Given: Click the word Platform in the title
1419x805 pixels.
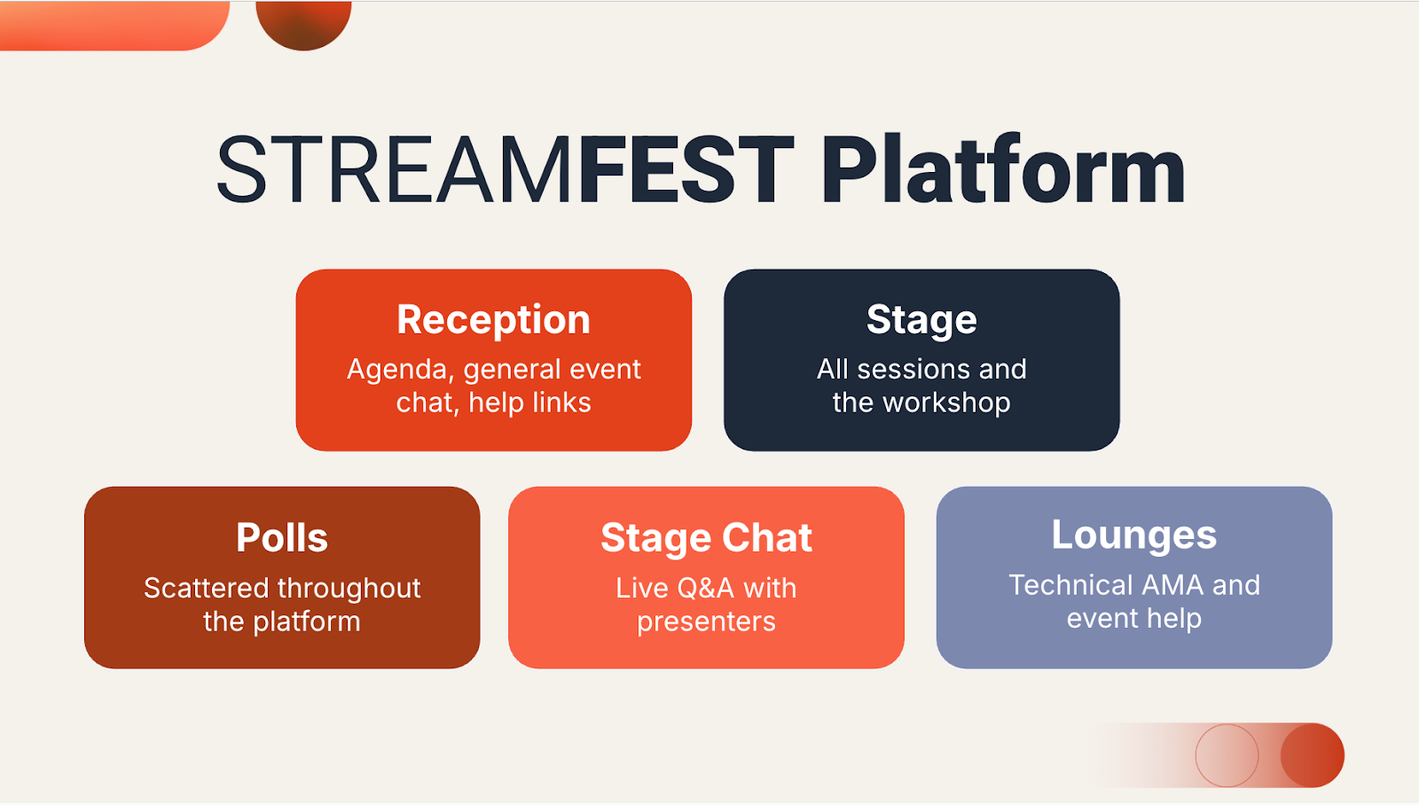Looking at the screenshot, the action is click(x=1003, y=169).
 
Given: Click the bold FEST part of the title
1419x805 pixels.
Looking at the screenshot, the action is click(x=686, y=169).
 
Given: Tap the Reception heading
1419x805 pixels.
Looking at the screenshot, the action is click(x=493, y=320).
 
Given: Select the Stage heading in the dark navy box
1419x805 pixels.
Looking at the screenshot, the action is click(x=921, y=320).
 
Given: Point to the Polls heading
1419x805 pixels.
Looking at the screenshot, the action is click(x=282, y=538).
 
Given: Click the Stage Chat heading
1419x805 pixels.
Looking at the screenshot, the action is click(x=706, y=538).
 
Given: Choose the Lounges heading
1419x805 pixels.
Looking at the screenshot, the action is click(x=1134, y=535).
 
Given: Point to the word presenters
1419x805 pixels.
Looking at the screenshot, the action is click(x=706, y=622).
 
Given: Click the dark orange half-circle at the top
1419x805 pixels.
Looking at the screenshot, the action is click(x=303, y=24).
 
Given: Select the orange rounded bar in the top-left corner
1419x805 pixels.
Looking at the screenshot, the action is click(x=114, y=26).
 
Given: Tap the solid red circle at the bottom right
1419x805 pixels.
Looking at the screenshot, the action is click(x=1313, y=755).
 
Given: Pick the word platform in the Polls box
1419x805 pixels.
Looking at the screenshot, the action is click(x=307, y=622).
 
